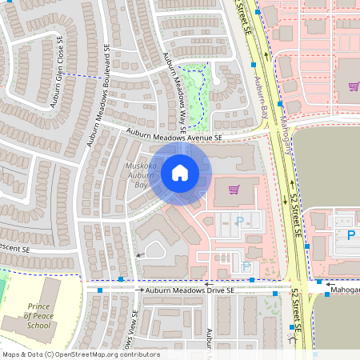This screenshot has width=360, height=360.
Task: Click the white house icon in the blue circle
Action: pos(179,172)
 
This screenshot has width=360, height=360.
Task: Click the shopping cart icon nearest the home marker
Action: pos(234,190)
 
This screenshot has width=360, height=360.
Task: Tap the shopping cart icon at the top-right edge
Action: pos(354,86)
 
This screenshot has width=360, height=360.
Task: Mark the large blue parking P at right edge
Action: pos(350,235)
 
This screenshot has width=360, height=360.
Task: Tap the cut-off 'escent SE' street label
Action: pos(15,249)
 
